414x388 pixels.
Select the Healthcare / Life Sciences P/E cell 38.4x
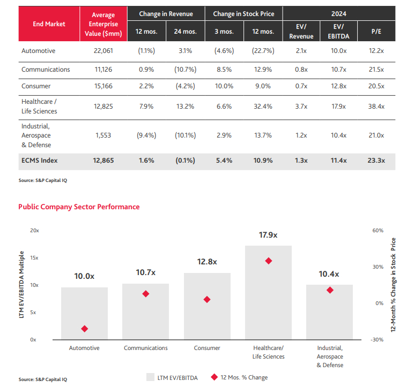(x=376, y=106)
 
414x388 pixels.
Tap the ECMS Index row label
(x=39, y=160)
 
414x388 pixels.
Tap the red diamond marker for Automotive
(x=84, y=329)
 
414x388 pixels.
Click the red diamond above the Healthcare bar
(x=269, y=261)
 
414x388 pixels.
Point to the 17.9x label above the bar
(x=269, y=235)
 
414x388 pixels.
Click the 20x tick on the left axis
(x=35, y=230)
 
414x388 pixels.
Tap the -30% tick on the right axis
(x=377, y=339)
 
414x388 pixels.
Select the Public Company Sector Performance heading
(x=79, y=207)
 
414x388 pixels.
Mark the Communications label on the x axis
(x=146, y=348)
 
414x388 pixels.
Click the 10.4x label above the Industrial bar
(x=329, y=274)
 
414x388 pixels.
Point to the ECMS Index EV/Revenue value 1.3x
(x=301, y=160)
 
